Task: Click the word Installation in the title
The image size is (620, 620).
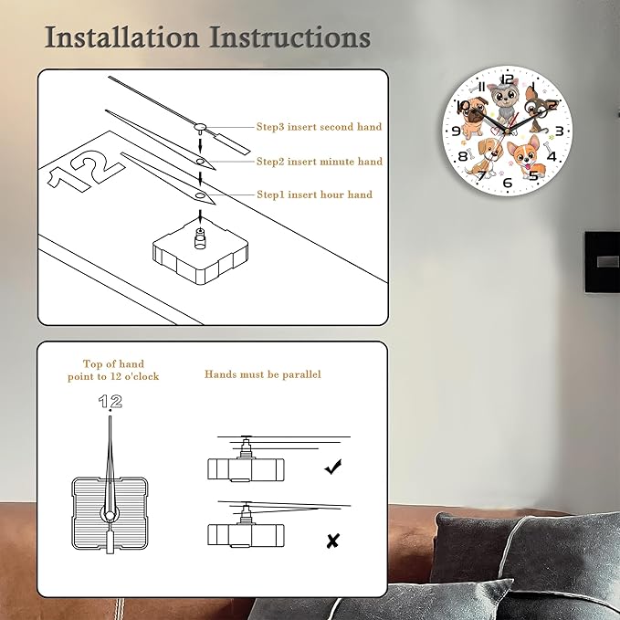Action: [x=121, y=37]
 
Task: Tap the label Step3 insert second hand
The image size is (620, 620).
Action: [x=319, y=127]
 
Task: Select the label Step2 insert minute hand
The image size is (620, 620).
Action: [x=320, y=162]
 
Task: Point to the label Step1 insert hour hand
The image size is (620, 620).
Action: [x=315, y=194]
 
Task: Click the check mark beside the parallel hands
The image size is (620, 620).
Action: [x=333, y=467]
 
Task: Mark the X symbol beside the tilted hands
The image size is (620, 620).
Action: [x=333, y=541]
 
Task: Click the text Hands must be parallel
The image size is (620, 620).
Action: [x=263, y=374]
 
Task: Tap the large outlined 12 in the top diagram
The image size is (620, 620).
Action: [x=85, y=171]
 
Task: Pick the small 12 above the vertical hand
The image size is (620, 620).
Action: [x=110, y=402]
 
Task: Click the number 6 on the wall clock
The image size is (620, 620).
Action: [x=508, y=183]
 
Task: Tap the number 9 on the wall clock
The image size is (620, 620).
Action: [x=456, y=131]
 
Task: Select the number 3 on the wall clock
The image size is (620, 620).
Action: [x=559, y=131]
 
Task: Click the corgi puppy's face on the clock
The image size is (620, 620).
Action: [x=525, y=154]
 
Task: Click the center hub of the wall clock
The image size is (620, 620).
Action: [x=508, y=130]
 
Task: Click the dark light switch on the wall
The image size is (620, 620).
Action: [x=603, y=262]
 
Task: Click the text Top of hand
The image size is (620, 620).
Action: [x=113, y=363]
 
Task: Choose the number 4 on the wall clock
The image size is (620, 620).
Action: [x=552, y=156]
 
